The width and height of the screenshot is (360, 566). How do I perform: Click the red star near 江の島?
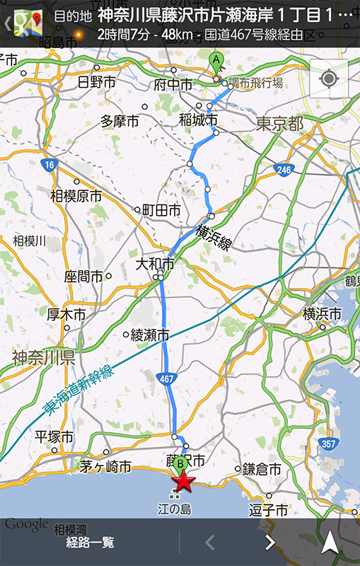tap(184, 482)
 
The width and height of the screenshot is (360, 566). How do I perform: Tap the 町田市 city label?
tap(161, 210)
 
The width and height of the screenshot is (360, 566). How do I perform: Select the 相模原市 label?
tap(76, 196)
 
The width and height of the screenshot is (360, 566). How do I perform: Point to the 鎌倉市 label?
tap(262, 469)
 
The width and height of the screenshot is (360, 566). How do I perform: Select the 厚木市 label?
tap(66, 313)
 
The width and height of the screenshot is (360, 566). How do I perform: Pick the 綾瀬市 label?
tap(150, 334)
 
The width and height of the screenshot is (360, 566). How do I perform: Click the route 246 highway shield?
tap(284, 170)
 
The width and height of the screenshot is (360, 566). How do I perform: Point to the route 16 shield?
tap(48, 165)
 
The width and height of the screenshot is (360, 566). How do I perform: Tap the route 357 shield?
tap(328, 444)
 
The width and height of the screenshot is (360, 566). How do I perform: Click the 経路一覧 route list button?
tap(90, 543)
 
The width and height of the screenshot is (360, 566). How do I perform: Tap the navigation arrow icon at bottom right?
tap(330, 543)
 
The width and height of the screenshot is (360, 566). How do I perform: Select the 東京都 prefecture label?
tap(279, 125)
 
